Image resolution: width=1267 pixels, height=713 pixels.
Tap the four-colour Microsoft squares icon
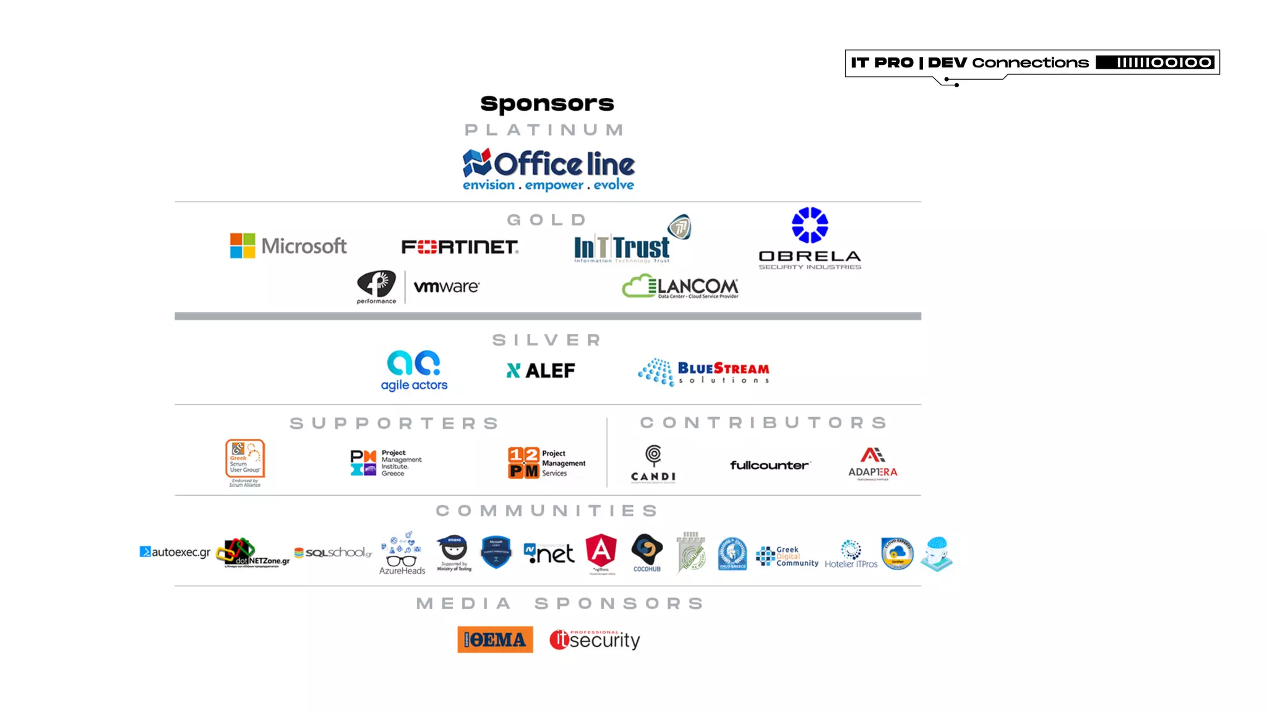coord(243,246)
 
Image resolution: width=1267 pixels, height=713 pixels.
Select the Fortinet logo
coord(460,247)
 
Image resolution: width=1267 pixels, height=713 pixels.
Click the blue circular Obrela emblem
coord(810,225)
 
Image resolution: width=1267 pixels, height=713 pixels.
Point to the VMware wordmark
coord(446,287)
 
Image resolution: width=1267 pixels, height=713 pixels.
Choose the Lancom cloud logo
coord(680,287)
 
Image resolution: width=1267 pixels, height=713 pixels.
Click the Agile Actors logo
coord(414,371)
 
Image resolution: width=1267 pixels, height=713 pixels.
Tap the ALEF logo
coord(541,371)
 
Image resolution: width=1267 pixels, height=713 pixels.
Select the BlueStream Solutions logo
coord(704,372)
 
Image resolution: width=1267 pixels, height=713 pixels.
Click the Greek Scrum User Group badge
coord(245,462)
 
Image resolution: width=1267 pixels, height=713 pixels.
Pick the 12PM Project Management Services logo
coord(546,463)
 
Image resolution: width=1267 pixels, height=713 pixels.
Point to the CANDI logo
coord(653,464)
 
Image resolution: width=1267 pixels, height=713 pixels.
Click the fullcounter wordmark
coord(770,465)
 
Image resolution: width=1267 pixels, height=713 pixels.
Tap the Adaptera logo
coord(872,464)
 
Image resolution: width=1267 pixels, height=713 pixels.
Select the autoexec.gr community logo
coord(175,552)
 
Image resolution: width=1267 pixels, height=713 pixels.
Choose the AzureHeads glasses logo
coord(402,553)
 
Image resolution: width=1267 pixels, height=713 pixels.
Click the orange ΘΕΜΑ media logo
coord(495,639)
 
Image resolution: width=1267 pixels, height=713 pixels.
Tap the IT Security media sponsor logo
coord(595,639)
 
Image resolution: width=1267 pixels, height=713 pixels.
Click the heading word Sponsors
coord(547,103)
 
